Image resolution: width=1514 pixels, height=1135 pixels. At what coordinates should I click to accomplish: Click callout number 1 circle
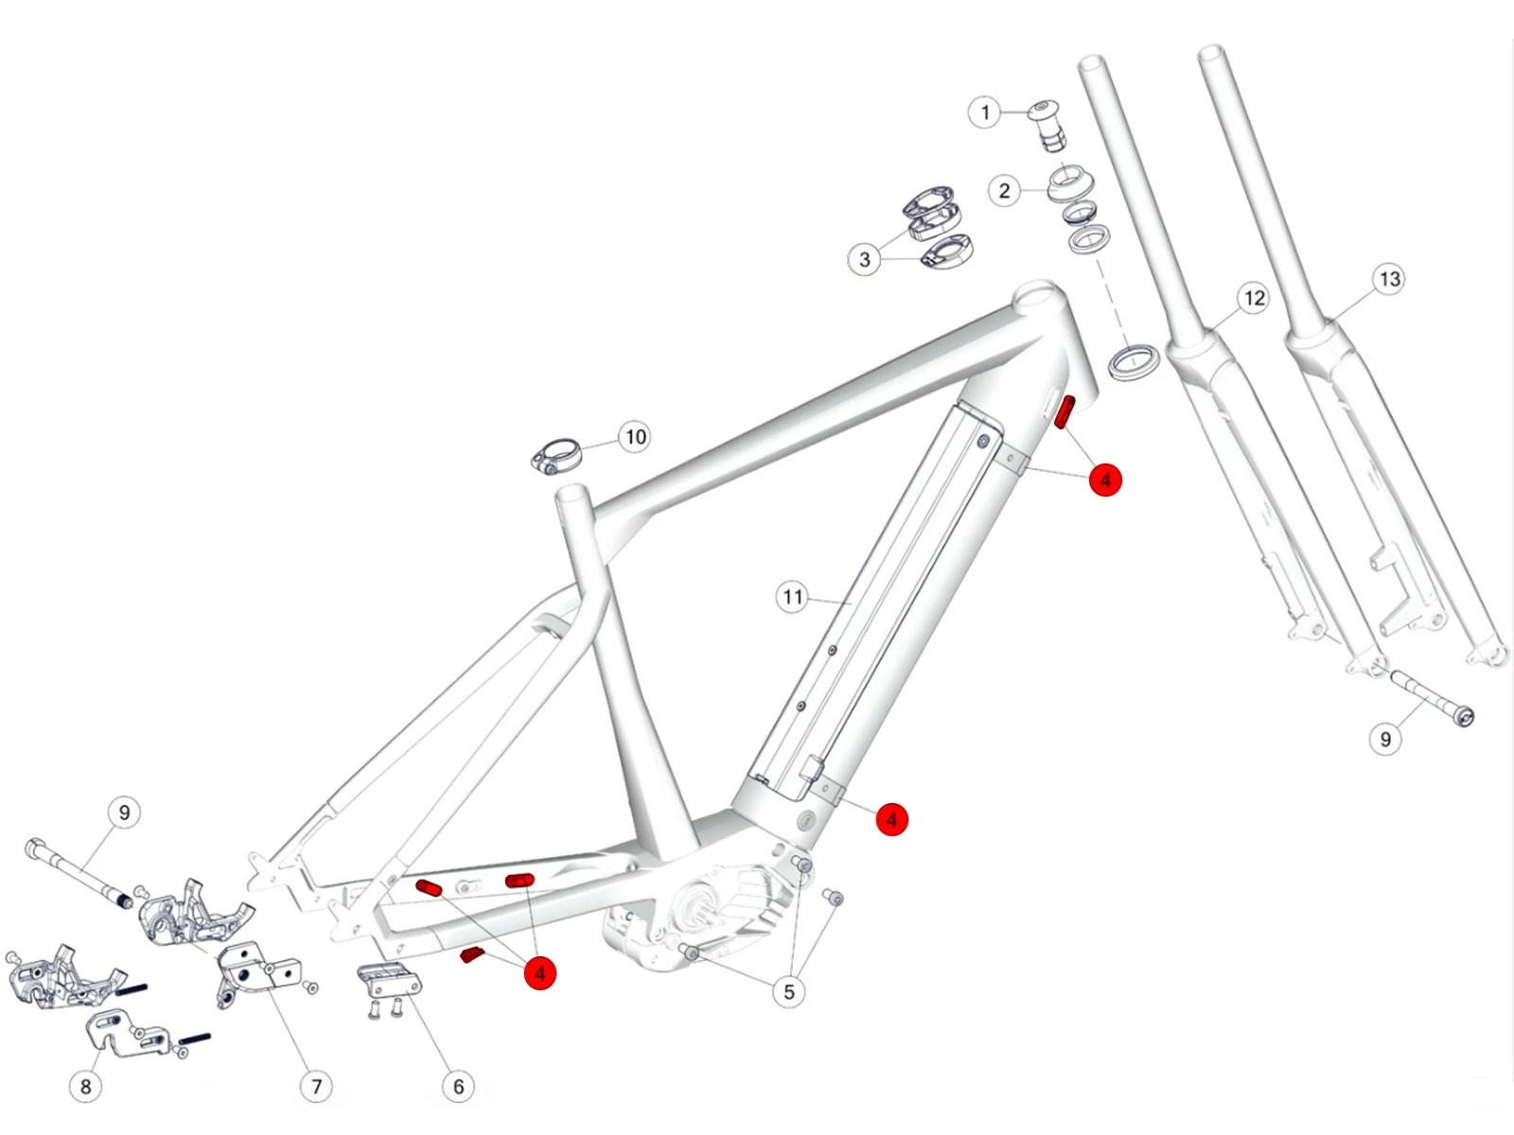(984, 113)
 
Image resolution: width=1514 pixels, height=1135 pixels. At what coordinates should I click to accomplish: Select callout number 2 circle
(1004, 191)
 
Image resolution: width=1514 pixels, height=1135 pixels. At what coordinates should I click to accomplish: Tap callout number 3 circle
(864, 259)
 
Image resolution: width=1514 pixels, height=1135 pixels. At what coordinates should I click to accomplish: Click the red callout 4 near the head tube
(1105, 480)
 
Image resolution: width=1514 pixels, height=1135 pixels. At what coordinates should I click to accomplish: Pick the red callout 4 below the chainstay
(540, 972)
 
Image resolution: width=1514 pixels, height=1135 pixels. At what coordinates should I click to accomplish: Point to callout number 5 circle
(788, 992)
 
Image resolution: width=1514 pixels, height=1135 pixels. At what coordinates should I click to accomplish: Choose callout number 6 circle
(458, 1087)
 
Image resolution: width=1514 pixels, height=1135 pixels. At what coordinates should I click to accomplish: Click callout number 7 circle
(316, 1087)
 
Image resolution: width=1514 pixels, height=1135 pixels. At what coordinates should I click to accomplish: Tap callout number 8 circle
(86, 1087)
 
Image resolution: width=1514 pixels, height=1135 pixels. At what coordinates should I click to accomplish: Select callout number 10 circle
(635, 437)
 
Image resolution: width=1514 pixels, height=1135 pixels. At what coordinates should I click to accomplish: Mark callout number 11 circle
(792, 597)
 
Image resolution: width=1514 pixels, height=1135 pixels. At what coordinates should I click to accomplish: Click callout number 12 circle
(1254, 299)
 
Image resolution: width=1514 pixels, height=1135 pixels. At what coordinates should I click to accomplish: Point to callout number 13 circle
(1389, 279)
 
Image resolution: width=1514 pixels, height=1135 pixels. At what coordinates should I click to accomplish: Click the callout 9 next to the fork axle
(1385, 739)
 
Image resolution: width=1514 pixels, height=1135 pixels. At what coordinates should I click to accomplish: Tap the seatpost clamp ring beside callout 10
(555, 455)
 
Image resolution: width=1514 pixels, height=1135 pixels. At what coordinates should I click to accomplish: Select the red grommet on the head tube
(1065, 412)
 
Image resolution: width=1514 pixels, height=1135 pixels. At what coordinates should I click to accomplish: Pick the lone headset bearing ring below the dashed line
(1134, 362)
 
